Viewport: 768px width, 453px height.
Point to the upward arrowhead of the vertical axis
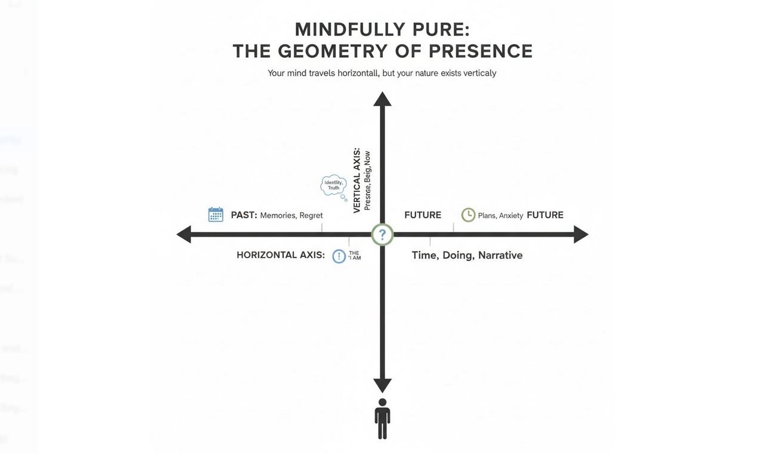[x=382, y=99]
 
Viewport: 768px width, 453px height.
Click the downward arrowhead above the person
[x=382, y=385]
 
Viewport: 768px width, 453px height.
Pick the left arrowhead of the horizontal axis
[x=184, y=234]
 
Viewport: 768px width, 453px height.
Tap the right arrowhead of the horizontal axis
[x=581, y=234]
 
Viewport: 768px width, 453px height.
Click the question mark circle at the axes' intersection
[x=382, y=234]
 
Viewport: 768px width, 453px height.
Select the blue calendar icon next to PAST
[x=215, y=215]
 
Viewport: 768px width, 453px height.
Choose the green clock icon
[x=469, y=215]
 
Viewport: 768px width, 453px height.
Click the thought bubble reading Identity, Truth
[x=333, y=185]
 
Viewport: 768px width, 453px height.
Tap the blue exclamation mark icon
[x=339, y=256]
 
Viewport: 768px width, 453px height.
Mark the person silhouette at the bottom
[x=382, y=419]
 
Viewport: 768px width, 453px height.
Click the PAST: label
[x=244, y=215]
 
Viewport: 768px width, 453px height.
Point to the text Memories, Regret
[x=292, y=215]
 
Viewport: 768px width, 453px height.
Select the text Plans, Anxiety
[x=500, y=216]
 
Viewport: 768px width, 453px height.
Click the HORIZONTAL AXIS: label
[x=280, y=255]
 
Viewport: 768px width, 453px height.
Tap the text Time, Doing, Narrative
[x=467, y=255]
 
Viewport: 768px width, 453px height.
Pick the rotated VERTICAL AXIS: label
[x=357, y=181]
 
